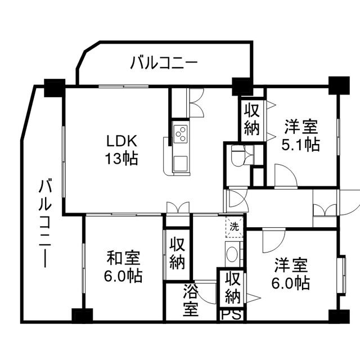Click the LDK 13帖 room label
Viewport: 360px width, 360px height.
click(x=121, y=150)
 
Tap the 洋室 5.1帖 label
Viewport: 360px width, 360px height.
click(x=301, y=136)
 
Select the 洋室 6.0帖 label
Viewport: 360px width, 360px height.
click(x=291, y=274)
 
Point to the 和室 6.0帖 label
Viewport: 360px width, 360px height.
click(x=123, y=267)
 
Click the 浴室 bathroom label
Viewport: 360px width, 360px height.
click(x=191, y=301)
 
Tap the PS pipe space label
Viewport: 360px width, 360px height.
click(x=231, y=315)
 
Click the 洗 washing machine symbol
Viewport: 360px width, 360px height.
click(x=235, y=227)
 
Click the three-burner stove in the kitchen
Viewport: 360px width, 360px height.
click(x=181, y=133)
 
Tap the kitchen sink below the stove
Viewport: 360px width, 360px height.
click(x=180, y=164)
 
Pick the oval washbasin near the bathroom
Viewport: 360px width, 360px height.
click(x=232, y=254)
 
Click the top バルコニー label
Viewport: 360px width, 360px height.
click(x=164, y=63)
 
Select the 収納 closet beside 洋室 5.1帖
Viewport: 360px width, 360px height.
click(x=251, y=119)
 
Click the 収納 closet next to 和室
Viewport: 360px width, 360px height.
click(x=177, y=254)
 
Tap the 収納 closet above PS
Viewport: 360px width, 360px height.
click(x=232, y=287)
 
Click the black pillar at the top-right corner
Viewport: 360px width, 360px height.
click(x=339, y=85)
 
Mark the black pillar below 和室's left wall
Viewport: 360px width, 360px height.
click(x=82, y=316)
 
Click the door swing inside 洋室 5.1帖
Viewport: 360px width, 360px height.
click(x=286, y=175)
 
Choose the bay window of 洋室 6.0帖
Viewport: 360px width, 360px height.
click(x=341, y=275)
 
